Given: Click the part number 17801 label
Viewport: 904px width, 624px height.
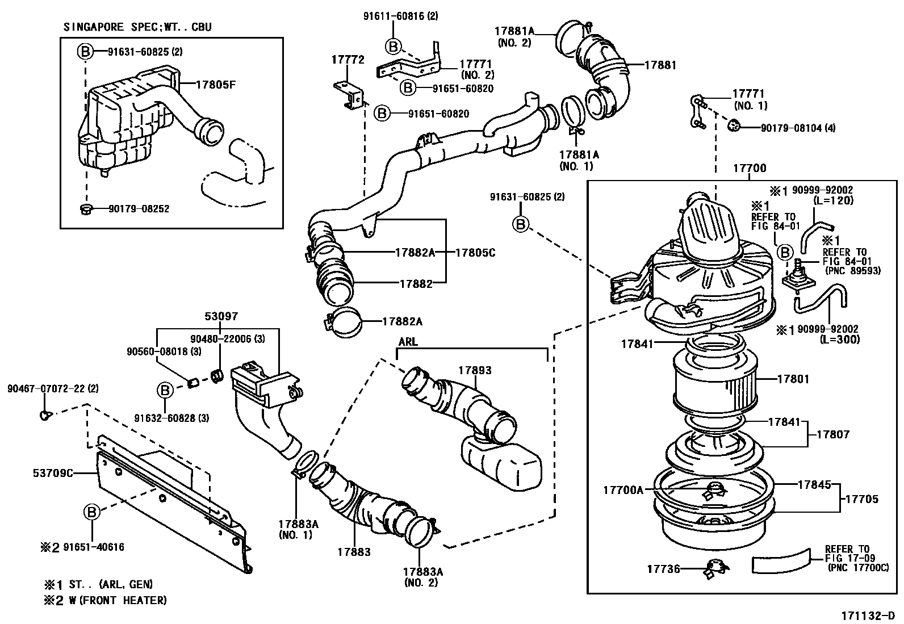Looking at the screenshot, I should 793,379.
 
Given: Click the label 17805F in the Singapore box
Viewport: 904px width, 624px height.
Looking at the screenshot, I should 215,85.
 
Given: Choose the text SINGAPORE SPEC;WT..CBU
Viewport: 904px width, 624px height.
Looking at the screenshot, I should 137,27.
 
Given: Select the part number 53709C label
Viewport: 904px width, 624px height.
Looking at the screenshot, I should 52,472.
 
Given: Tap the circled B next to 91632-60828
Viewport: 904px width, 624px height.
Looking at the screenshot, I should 164,390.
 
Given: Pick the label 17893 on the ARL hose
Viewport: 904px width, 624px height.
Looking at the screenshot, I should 474,370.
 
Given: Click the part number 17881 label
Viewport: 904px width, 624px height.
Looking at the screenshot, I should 660,65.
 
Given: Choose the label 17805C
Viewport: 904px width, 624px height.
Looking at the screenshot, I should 475,253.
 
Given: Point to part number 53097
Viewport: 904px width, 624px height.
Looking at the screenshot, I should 221,316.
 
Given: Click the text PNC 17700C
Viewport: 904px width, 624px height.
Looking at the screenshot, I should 858,567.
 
